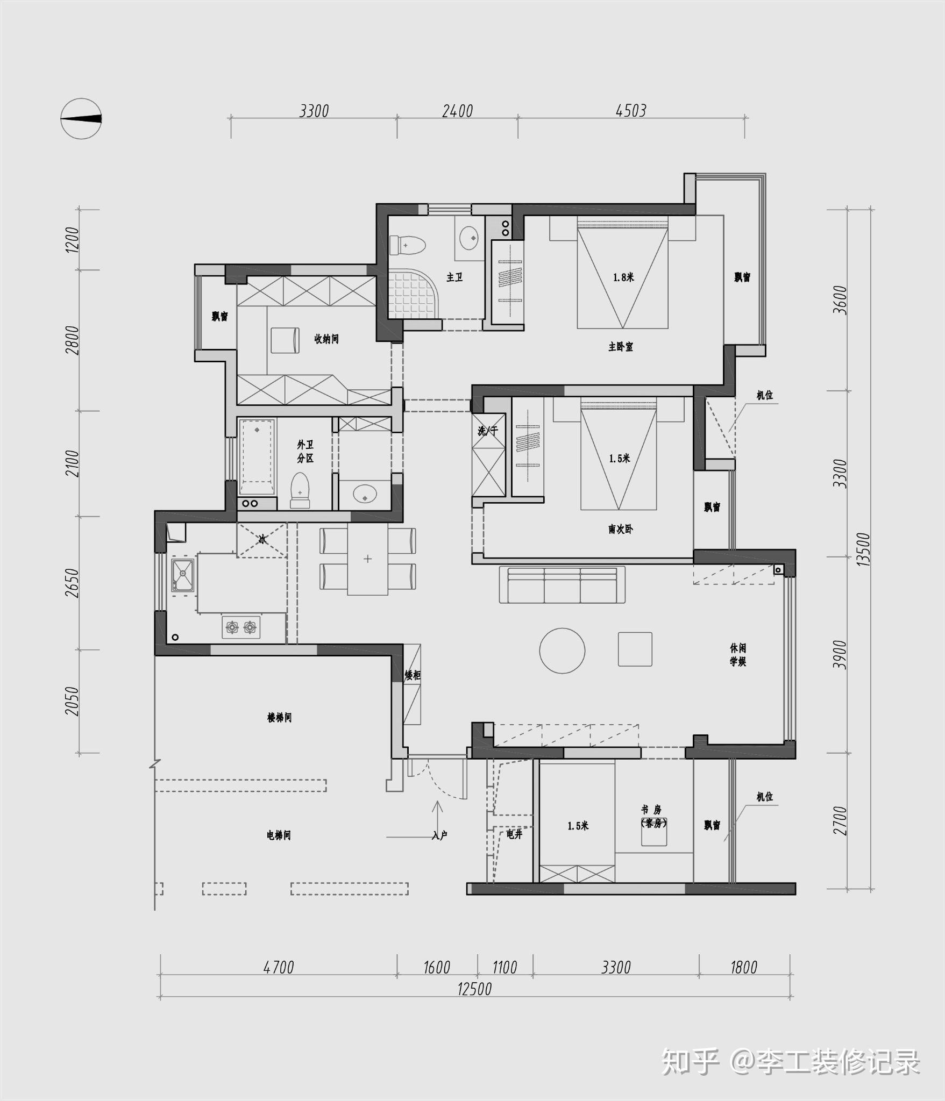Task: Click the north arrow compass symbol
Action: [81, 119]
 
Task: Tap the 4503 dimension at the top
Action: [631, 111]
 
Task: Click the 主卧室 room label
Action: [620, 347]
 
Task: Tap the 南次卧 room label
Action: [620, 530]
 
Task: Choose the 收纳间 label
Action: [326, 339]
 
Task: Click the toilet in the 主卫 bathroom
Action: [407, 246]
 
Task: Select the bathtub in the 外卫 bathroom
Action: [257, 456]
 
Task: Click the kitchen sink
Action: [182, 575]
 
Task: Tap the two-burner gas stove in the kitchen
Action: [241, 627]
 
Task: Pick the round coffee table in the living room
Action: [562, 650]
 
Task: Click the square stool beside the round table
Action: [635, 649]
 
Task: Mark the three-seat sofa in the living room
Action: [562, 584]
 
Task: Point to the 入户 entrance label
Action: [439, 835]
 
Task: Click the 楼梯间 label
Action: [279, 718]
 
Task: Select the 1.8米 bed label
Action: [623, 277]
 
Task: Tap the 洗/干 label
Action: [488, 431]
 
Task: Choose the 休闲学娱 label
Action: [738, 655]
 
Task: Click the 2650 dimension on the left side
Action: [73, 583]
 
